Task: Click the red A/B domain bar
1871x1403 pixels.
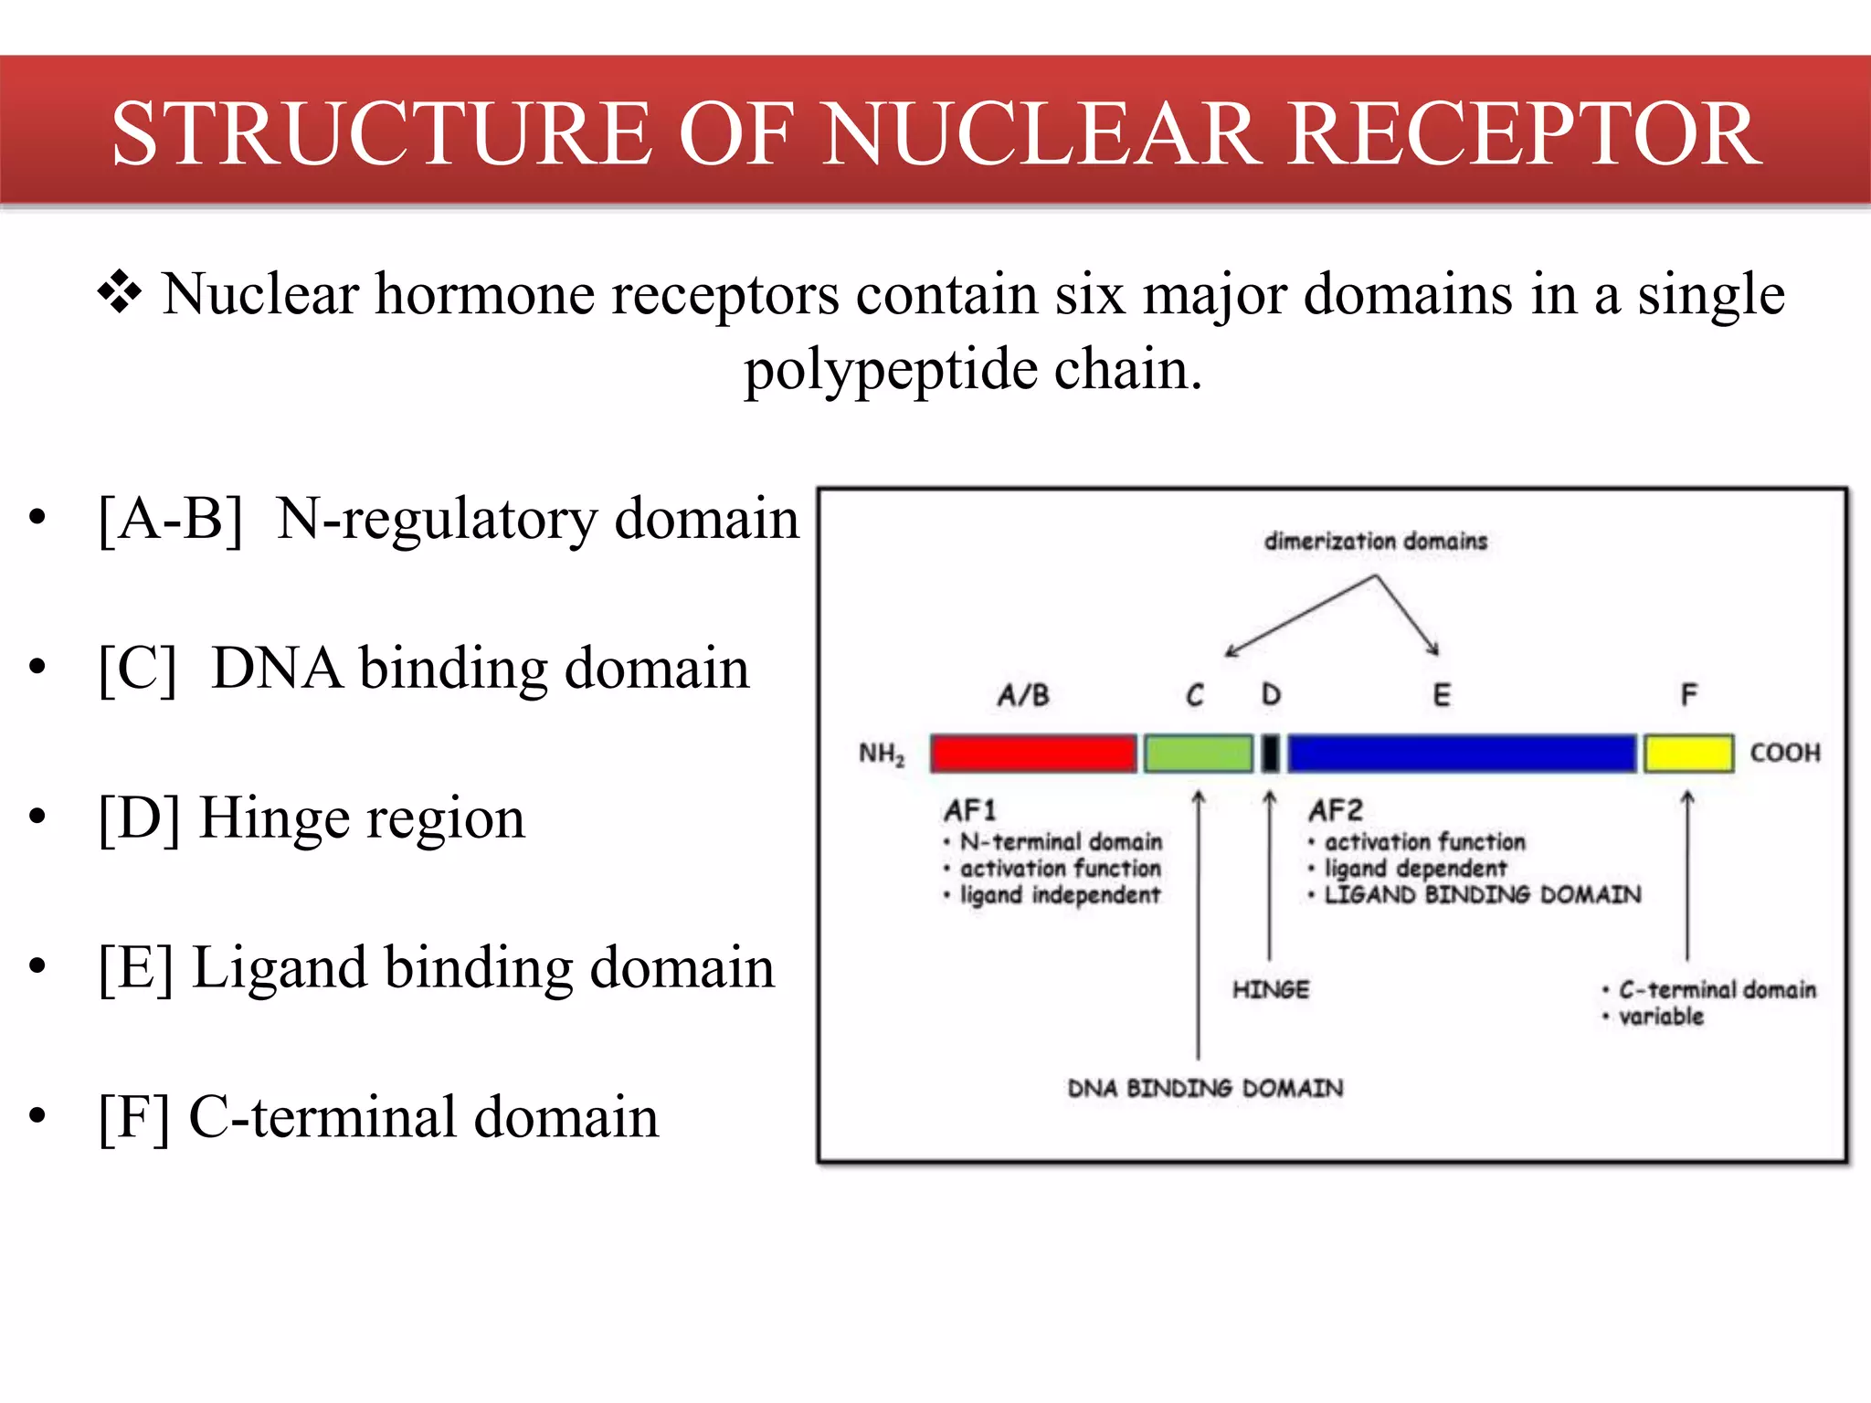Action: pos(1033,754)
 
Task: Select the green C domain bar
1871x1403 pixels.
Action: pos(1198,754)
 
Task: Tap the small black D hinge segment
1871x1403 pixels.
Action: pos(1270,754)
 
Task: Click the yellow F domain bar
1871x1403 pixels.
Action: pos(1688,754)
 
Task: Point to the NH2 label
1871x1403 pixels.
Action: pos(881,754)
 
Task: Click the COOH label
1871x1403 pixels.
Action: pos(1784,753)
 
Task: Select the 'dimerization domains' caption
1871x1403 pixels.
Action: pos(1375,541)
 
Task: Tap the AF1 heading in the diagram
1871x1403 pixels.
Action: pos(970,810)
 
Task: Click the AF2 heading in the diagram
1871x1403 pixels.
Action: pos(1335,810)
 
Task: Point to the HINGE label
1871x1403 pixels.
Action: pos(1270,989)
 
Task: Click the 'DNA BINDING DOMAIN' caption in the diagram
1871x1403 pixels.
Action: pos(1205,1088)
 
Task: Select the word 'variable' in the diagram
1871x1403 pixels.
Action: pos(1661,1016)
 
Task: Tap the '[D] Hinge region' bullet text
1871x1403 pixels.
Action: pos(312,818)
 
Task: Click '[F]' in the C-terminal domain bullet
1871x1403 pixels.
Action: pos(133,1117)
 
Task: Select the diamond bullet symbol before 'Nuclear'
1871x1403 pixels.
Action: pos(120,294)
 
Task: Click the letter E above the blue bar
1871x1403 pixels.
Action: pos(1441,695)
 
